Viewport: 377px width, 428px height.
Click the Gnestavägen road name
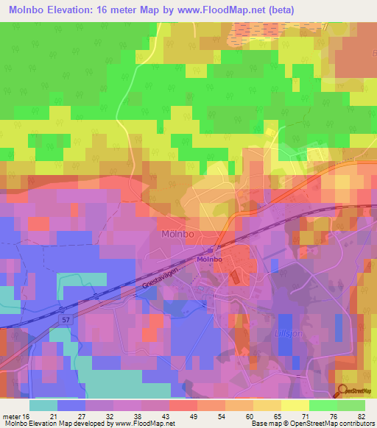158,280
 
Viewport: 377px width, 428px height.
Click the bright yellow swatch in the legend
295,405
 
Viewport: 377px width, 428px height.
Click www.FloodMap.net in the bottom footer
141,423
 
